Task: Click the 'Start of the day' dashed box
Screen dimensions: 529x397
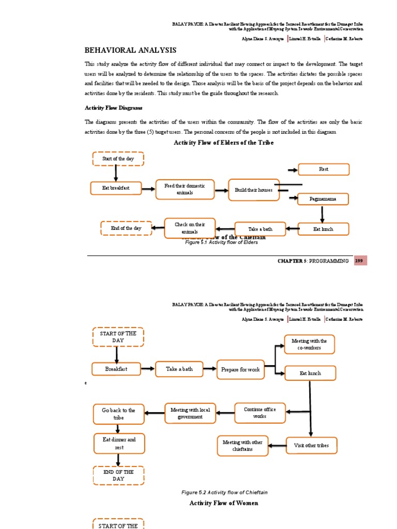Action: coord(118,159)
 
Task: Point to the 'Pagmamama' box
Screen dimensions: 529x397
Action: coord(323,199)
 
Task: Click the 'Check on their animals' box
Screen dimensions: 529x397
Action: coord(190,228)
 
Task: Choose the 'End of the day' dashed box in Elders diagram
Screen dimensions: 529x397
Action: coord(126,228)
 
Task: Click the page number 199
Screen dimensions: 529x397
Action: coord(360,261)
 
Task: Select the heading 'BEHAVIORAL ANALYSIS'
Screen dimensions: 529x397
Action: coord(130,50)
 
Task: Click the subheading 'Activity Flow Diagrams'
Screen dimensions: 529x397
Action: coord(113,107)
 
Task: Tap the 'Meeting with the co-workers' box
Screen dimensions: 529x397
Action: coord(309,344)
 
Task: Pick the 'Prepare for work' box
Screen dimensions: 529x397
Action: coord(240,369)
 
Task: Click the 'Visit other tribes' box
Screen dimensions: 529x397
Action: coord(311,445)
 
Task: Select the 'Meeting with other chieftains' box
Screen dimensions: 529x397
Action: coord(242,446)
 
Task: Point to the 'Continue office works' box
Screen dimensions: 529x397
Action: coord(259,412)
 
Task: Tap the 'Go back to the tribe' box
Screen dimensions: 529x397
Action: coord(118,414)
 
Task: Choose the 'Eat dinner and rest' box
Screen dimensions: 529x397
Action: coord(119,443)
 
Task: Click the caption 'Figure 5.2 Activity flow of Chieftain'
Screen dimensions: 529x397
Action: coord(224,492)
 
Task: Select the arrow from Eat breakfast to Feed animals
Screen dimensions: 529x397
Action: coord(148,189)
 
